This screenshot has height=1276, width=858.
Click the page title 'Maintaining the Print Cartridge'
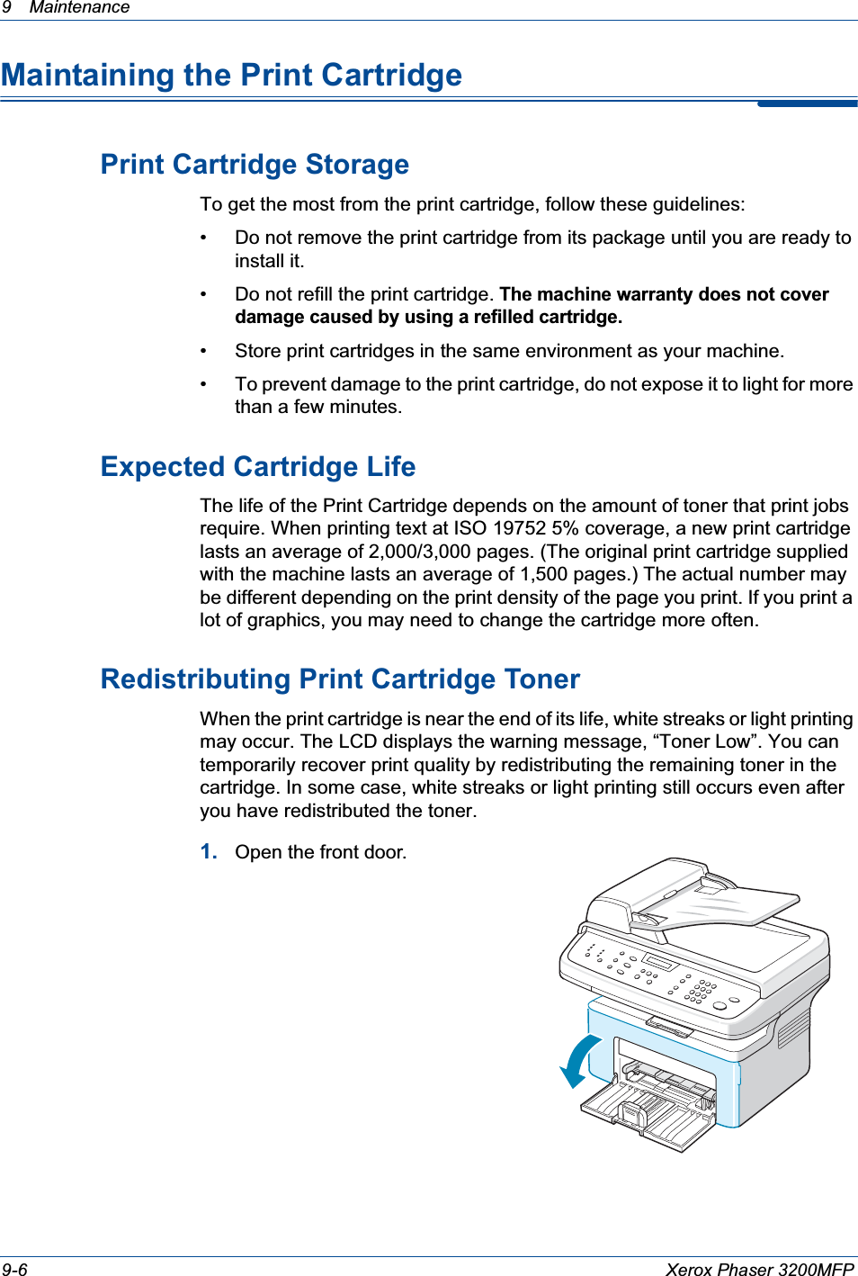[x=232, y=75]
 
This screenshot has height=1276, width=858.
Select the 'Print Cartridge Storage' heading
[x=255, y=165]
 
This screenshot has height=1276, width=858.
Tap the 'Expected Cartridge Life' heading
[x=258, y=467]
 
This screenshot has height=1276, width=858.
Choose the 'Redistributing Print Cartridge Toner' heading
[x=340, y=679]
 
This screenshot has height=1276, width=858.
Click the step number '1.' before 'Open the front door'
[x=209, y=851]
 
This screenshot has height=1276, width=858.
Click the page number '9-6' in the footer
[x=14, y=1269]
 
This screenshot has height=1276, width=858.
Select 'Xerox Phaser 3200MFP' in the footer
[x=759, y=1269]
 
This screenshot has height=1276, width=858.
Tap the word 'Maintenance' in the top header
[x=79, y=8]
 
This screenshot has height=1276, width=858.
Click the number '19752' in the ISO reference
[x=521, y=528]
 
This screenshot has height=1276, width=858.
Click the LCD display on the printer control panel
[x=658, y=963]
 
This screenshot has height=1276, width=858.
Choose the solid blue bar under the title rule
[x=807, y=103]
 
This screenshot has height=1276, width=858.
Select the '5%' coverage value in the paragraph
[x=563, y=528]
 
